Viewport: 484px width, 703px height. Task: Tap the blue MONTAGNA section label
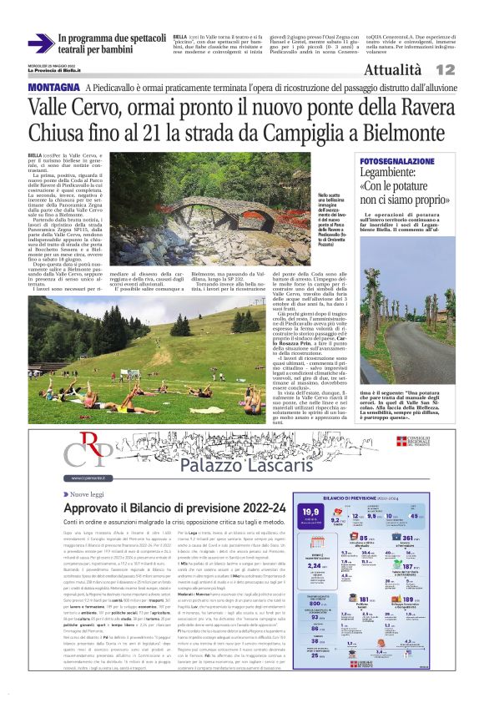click(x=53, y=88)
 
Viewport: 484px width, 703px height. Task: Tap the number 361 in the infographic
click(x=433, y=539)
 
